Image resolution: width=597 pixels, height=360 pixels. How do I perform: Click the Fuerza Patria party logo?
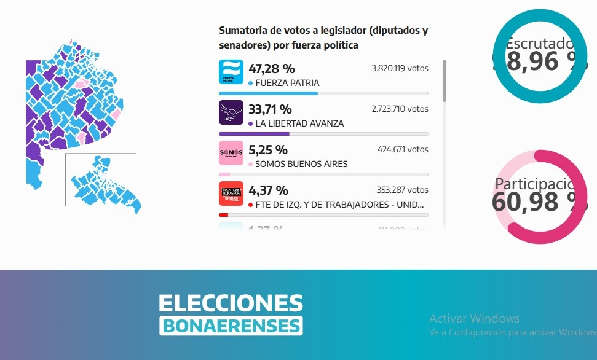231,72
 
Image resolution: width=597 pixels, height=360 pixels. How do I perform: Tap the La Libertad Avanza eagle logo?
231,112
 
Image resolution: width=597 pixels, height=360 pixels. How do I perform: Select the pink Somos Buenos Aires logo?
231,153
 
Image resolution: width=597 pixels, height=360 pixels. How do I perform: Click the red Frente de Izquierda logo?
231,194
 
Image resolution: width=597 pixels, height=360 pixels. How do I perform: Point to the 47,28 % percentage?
271,68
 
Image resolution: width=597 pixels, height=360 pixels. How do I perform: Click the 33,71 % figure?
270,109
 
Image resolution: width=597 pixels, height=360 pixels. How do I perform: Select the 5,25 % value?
268,150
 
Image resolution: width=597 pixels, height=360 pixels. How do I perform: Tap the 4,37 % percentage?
268,190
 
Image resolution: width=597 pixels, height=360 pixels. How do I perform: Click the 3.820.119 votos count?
400,68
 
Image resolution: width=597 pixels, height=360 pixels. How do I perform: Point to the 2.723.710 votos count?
400,109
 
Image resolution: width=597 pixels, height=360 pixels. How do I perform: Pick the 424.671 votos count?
403,149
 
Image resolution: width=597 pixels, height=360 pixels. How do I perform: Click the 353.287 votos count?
403,190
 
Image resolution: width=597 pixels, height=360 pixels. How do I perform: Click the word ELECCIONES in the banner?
231,303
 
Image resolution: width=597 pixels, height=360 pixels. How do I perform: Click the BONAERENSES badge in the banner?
231,325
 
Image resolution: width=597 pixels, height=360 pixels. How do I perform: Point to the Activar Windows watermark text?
474,318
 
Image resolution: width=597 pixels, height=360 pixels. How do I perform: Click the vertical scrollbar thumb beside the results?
445,80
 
